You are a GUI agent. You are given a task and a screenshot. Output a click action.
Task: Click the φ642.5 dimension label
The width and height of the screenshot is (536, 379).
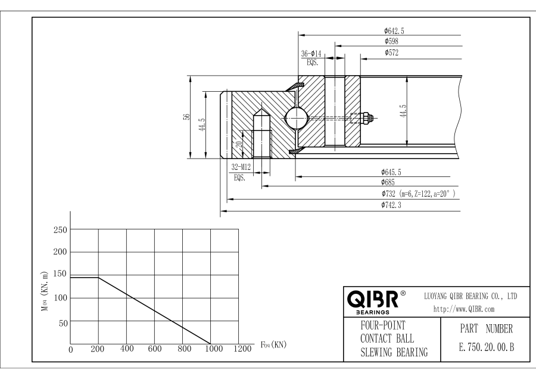[394, 30]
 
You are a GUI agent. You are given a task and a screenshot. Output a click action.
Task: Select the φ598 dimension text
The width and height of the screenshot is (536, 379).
[391, 42]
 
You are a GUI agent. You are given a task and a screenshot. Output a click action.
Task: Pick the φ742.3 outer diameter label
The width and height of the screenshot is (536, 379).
[394, 206]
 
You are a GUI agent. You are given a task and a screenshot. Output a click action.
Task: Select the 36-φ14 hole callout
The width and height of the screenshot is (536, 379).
[311, 54]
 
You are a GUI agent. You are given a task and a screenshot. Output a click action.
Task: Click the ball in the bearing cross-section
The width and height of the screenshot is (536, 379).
[297, 118]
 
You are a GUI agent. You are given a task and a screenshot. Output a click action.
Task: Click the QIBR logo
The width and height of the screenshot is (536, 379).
[376, 296]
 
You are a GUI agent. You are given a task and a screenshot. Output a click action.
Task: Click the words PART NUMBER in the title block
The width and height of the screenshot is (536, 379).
[475, 328]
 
